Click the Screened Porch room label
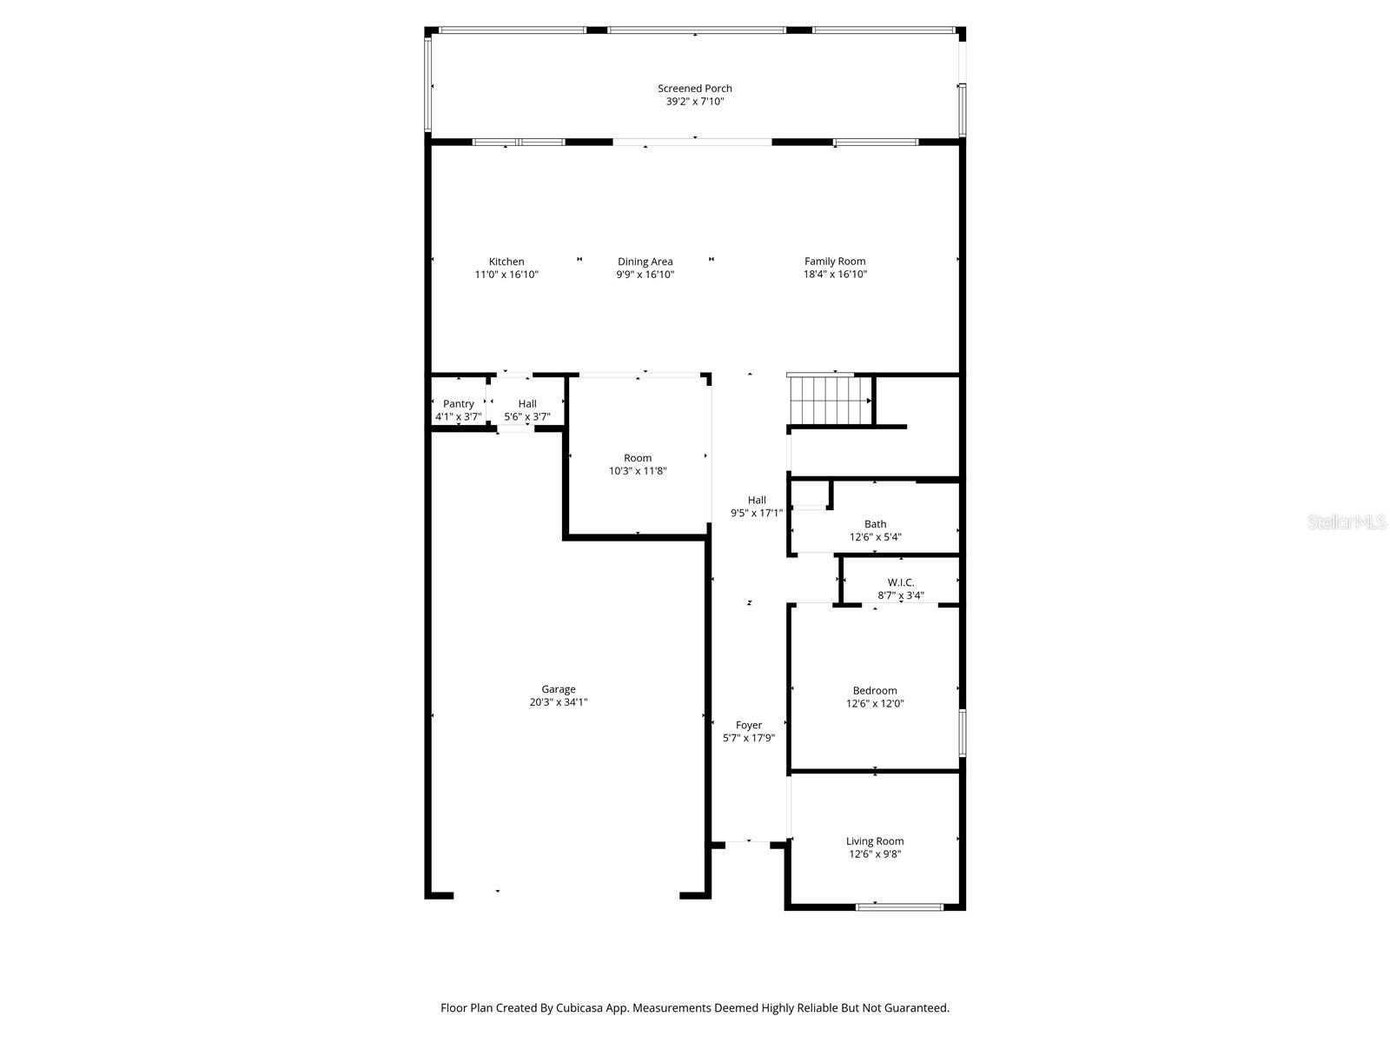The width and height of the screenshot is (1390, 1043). [694, 88]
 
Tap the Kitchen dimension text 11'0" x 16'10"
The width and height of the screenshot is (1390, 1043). [506, 275]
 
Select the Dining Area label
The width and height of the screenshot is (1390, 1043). [645, 261]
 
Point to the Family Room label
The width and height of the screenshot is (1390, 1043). [834, 261]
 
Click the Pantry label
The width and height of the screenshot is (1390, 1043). [458, 403]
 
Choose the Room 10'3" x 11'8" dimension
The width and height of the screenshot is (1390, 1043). [638, 471]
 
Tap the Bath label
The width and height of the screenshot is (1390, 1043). [875, 523]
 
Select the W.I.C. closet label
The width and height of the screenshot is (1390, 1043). [900, 582]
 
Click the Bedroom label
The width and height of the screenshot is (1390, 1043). [875, 690]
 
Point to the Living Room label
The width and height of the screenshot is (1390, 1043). [875, 840]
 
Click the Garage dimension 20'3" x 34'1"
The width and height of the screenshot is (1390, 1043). [559, 702]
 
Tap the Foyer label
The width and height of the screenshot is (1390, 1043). [748, 724]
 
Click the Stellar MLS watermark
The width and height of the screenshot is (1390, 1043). [1347, 521]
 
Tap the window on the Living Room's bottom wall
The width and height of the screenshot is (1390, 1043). [899, 907]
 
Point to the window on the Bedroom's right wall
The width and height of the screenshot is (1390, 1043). [962, 732]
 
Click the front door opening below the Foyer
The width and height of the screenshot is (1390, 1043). [748, 841]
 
